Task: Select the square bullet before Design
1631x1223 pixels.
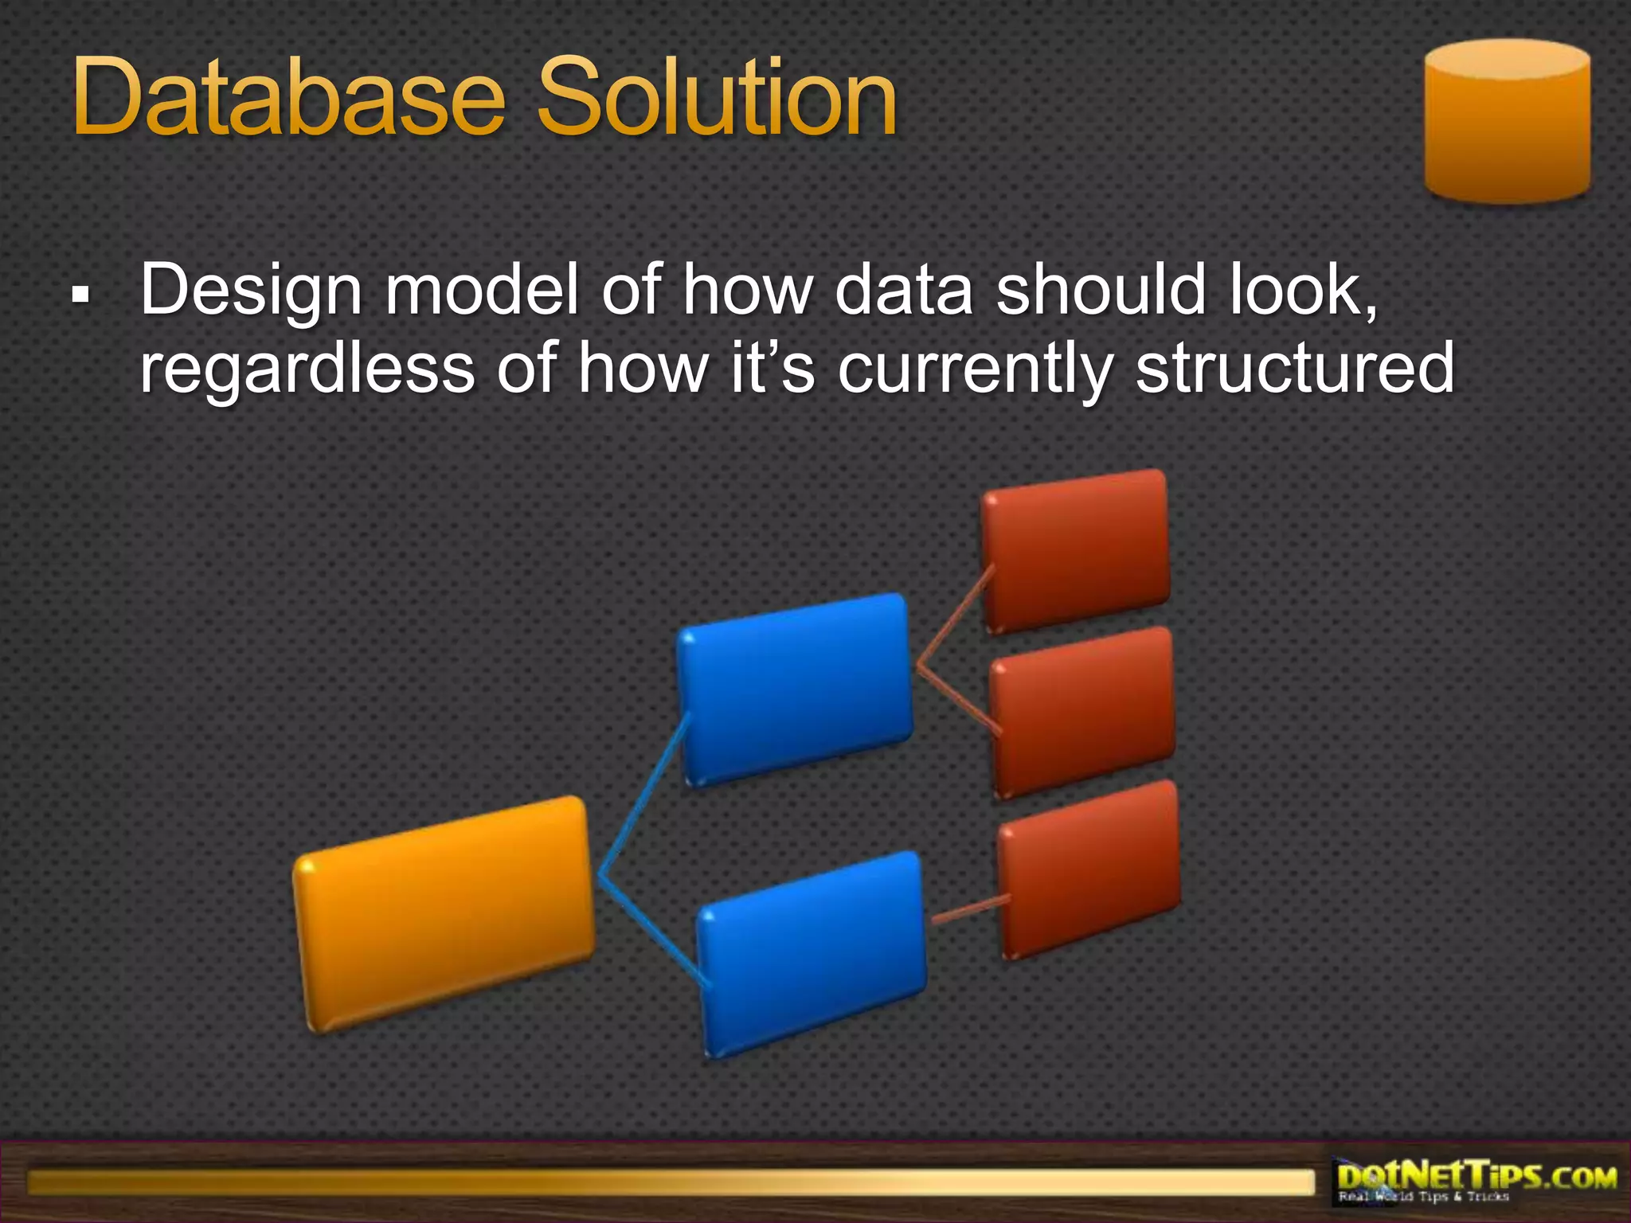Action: [80, 295]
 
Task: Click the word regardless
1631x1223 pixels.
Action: [307, 369]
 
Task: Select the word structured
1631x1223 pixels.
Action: [1294, 368]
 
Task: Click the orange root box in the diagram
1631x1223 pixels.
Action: [444, 914]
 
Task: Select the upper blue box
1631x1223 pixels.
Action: [795, 690]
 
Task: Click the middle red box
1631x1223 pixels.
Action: [1081, 711]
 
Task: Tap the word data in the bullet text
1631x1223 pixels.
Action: [903, 290]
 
